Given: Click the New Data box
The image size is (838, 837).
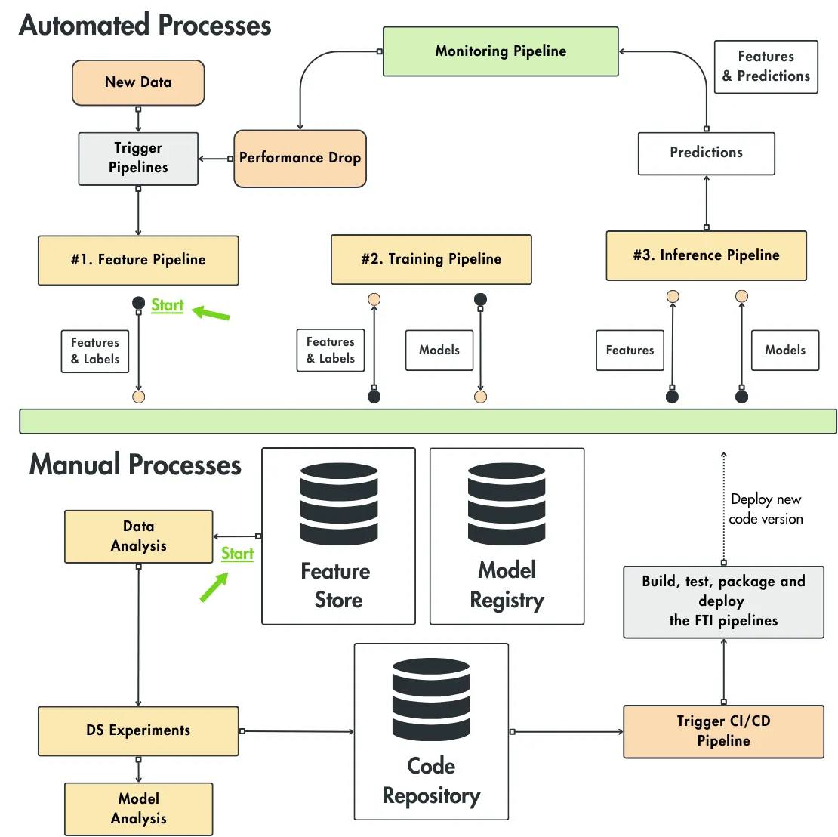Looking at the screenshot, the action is [138, 82].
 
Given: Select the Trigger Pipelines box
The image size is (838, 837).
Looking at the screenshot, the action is [138, 159].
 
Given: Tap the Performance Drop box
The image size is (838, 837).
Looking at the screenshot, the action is [300, 159].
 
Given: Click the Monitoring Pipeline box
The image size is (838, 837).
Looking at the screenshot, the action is [501, 51].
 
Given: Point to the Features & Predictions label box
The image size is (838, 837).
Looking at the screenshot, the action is [766, 66].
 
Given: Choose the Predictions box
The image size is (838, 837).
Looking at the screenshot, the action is [706, 153].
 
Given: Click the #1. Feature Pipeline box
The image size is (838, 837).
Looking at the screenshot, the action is [138, 260].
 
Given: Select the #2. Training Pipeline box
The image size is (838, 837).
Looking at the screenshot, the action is [431, 259].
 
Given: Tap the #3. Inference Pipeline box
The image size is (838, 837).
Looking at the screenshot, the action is [706, 255].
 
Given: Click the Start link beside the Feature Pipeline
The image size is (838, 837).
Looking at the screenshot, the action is [168, 305].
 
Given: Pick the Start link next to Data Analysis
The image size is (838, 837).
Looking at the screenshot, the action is [237, 554].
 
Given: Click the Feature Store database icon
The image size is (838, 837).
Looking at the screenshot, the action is [339, 503].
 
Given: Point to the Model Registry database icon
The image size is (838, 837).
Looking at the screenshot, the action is [507, 503].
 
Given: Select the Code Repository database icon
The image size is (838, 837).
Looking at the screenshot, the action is [431, 699].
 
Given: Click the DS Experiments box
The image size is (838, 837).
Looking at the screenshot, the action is [138, 730].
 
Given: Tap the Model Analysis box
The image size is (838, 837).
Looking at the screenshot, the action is [138, 808].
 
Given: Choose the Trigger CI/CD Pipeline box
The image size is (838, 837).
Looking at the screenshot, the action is [723, 731].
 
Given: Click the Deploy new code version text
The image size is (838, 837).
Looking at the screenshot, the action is [766, 508].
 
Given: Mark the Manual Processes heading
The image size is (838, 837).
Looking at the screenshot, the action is [135, 465].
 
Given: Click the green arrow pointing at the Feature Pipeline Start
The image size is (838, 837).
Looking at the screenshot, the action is [211, 312].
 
